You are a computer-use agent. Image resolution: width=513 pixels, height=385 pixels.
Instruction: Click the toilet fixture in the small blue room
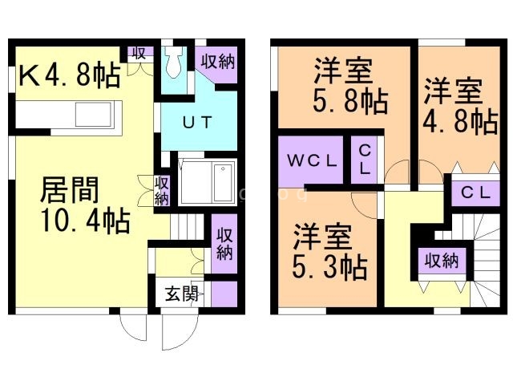(172, 63)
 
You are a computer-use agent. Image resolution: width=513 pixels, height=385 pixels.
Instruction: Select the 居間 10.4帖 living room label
(84, 205)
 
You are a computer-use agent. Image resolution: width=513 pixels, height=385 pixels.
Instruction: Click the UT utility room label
(197, 123)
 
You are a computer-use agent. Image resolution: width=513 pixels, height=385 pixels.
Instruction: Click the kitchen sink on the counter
(94, 114)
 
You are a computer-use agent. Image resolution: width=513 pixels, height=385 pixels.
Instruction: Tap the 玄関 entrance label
(182, 294)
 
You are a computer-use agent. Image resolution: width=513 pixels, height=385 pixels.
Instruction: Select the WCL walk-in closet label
(312, 160)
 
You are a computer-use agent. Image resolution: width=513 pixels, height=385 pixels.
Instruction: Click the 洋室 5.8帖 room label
(350, 86)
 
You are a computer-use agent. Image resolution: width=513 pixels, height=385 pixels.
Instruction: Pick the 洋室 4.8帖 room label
(460, 107)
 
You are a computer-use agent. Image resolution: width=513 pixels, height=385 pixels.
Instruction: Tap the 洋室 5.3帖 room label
(329, 251)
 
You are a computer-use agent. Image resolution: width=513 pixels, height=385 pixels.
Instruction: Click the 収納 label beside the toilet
(217, 61)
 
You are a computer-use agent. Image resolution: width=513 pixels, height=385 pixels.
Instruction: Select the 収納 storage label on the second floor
(442, 261)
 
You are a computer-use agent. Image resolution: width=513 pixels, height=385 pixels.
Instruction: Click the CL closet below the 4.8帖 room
(475, 192)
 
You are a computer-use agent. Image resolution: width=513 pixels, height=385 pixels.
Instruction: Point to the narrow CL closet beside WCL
(364, 160)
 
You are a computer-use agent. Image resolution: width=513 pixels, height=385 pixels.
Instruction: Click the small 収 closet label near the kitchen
(139, 53)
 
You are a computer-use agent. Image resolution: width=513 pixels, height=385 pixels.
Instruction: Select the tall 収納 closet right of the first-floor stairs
(224, 244)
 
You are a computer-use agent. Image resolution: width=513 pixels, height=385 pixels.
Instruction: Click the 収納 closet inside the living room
(162, 191)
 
